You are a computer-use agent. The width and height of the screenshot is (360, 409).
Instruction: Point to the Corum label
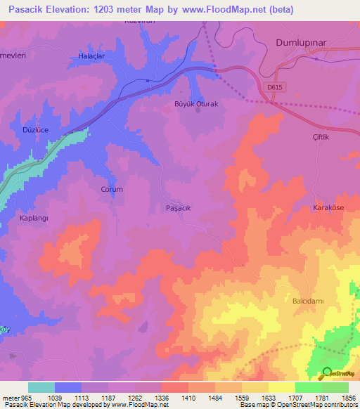point(112,190)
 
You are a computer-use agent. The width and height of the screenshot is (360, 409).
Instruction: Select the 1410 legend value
point(188,397)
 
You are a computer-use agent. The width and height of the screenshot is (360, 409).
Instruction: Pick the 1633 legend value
point(269,397)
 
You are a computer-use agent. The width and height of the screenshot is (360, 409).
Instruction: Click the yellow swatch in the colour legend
point(281,387)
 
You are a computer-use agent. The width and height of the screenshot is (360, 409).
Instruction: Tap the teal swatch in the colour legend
point(41,387)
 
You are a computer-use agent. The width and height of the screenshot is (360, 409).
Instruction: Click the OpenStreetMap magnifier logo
point(326,375)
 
